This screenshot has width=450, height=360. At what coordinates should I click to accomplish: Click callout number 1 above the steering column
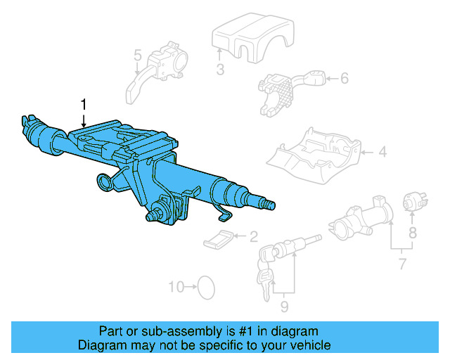point(84,105)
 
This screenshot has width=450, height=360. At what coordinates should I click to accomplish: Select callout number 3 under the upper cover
point(220,69)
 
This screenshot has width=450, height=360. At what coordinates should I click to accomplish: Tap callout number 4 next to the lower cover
point(382,150)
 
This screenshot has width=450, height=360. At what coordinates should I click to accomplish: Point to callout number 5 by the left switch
point(138,55)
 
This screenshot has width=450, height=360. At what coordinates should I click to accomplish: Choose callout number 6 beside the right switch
point(344,79)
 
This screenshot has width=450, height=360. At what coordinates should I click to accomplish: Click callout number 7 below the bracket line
point(402,265)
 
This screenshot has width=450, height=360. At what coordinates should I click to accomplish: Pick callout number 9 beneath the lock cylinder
point(284,306)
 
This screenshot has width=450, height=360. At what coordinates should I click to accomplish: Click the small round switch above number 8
point(412,202)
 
